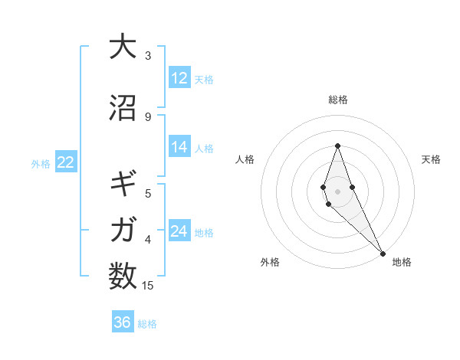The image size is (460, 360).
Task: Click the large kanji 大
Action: (123, 47)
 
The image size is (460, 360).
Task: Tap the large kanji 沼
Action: (123, 108)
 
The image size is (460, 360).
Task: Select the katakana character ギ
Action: (123, 185)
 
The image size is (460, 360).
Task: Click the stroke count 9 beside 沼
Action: (148, 116)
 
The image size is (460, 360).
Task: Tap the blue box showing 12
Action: (179, 78)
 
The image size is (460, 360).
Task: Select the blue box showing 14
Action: (179, 147)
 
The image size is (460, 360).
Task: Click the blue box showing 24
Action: (179, 231)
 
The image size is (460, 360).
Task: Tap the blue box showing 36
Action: (123, 322)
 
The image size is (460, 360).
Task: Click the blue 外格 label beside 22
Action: (41, 163)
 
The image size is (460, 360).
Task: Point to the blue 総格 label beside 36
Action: (147, 324)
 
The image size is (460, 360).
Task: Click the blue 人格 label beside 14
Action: (204, 148)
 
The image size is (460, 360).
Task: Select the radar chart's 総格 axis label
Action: (338, 100)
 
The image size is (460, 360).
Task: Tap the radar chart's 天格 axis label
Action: (431, 159)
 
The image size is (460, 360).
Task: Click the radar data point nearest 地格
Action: (382, 252)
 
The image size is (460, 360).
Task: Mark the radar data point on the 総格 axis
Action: (338, 146)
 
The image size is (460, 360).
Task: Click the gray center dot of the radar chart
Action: (338, 191)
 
